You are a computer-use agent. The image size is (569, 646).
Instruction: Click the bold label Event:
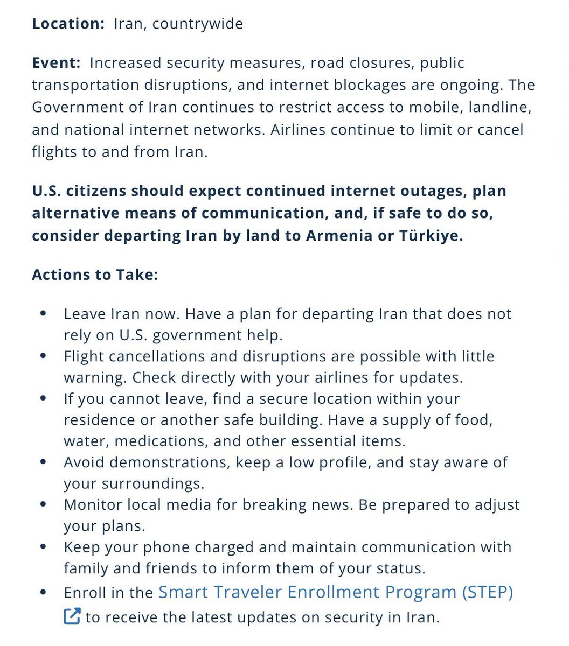(x=56, y=63)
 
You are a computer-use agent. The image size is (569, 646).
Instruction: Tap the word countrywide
(x=198, y=24)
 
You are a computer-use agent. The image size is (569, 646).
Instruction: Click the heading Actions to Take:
(x=95, y=275)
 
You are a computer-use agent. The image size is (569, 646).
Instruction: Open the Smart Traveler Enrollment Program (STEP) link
(x=336, y=592)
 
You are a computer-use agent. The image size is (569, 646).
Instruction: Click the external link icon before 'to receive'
(x=72, y=616)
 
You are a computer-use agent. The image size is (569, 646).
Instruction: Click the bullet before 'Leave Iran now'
(x=43, y=314)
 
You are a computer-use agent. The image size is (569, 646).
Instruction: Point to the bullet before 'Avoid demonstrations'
(x=43, y=462)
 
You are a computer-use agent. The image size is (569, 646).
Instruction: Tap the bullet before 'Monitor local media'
(x=43, y=505)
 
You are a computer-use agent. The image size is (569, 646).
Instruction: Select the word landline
(x=501, y=108)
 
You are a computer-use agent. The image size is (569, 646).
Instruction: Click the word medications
(x=161, y=441)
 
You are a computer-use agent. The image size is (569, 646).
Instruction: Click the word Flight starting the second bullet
(x=82, y=356)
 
